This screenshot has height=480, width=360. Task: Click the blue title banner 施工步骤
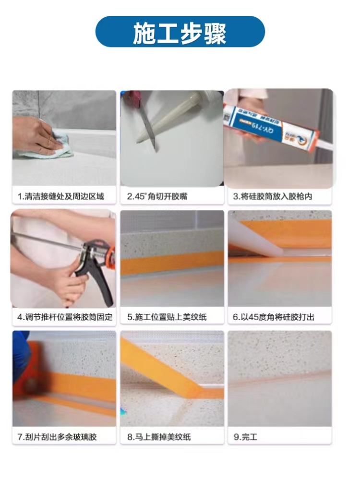click(x=180, y=32)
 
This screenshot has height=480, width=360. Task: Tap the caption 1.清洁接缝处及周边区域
click(x=60, y=196)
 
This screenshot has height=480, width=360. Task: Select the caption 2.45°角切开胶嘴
click(x=157, y=196)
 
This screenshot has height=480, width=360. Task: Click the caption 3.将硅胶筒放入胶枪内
click(x=273, y=196)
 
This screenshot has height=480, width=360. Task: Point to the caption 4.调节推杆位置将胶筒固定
click(x=65, y=317)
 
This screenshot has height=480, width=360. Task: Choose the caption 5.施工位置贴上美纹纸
click(x=167, y=317)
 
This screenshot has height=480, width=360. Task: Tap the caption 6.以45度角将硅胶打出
click(x=274, y=317)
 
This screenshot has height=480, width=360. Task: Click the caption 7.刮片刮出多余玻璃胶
click(x=57, y=437)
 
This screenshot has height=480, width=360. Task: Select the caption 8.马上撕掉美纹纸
click(x=159, y=437)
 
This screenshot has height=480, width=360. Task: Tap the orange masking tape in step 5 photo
click(x=171, y=263)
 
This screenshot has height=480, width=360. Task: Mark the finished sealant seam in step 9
click(x=280, y=378)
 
